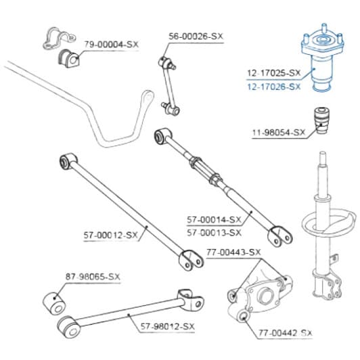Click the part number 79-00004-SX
coord(112,44)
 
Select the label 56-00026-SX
coord(196,37)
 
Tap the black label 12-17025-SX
coord(274,73)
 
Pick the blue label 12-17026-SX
coord(274,87)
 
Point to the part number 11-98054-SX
coord(279,133)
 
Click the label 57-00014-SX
coord(215,220)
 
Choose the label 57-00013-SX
coord(215,233)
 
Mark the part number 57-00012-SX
coord(110,235)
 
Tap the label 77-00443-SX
coord(233,252)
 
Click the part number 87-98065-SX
coord(93,277)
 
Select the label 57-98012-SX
coord(168,326)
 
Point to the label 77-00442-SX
coord(286,333)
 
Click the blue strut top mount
coord(323,58)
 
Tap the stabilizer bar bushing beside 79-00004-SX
coord(68,59)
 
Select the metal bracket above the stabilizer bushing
coord(59,39)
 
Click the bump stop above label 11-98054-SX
coord(321,120)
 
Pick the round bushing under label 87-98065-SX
coord(54,303)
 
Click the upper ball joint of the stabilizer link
coord(166,62)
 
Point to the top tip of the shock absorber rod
coord(323,152)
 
